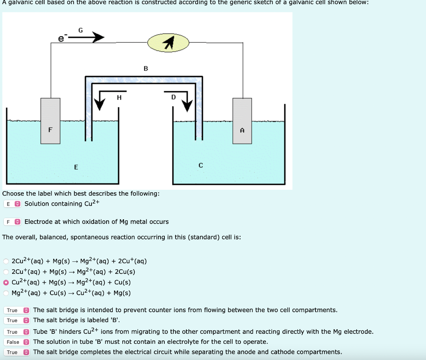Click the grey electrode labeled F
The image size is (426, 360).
coord(50,121)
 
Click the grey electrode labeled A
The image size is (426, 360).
coord(242,121)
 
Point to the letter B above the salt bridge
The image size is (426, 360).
coord(146,68)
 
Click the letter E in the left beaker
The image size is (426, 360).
coord(76,167)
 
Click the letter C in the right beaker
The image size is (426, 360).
coord(201,166)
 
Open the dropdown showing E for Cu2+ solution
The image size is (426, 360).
coord(12,204)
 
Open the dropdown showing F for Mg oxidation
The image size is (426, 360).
coord(12,222)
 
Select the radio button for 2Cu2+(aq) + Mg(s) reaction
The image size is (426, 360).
coord(6,261)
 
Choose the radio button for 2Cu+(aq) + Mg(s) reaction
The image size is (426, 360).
coord(6,272)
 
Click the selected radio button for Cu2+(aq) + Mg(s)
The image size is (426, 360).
coord(6,282)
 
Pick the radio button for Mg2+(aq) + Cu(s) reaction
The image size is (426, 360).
coord(6,293)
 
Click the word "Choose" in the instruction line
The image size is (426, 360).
coord(13,194)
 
